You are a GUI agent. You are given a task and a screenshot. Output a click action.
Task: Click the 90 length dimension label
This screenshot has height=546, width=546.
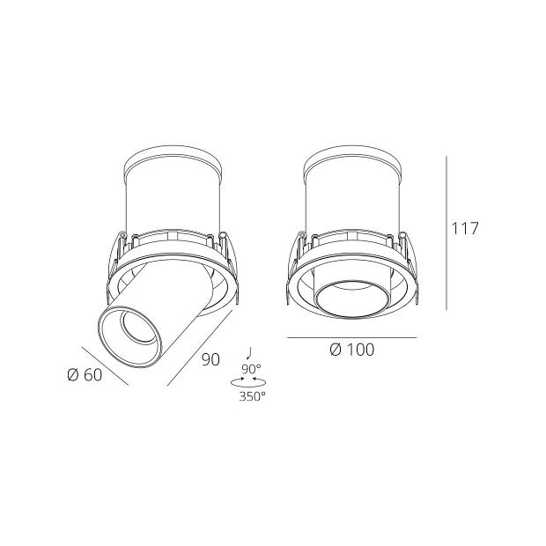210,359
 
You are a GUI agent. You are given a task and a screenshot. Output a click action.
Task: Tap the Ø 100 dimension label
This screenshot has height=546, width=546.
351,350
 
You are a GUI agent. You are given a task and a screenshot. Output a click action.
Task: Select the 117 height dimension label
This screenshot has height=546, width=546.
464,229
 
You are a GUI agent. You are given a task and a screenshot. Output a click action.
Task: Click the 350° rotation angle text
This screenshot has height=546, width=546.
252,396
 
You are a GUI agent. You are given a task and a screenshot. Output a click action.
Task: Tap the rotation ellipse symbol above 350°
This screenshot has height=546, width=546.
249,381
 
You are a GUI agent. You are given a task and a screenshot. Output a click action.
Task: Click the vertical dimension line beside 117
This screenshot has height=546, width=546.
446,233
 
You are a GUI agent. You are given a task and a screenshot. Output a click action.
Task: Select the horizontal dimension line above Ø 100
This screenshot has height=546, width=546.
351,337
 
